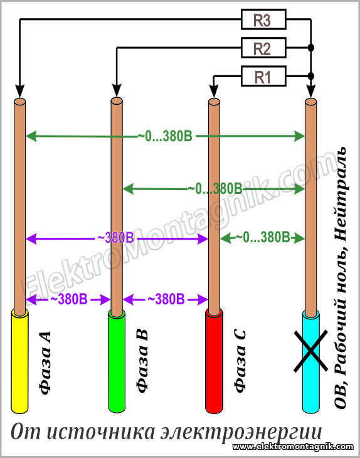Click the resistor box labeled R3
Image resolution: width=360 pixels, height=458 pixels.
pyautogui.click(x=263, y=19)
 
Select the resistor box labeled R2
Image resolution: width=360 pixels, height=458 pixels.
pyautogui.click(x=263, y=48)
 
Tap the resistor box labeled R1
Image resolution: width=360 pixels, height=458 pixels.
pyautogui.click(x=263, y=77)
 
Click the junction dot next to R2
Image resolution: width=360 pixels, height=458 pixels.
pyautogui.click(x=311, y=47)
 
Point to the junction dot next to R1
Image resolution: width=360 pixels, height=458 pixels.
pyautogui.click(x=311, y=76)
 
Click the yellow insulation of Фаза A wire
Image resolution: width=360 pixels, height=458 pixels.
pyautogui.click(x=19, y=362)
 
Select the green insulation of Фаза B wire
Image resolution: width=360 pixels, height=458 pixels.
pyautogui.click(x=117, y=362)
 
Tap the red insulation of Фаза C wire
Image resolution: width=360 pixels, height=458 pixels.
pyautogui.click(x=214, y=362)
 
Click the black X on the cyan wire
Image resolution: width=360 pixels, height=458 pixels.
pyautogui.click(x=310, y=351)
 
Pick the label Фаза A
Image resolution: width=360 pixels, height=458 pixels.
pyautogui.click(x=45, y=363)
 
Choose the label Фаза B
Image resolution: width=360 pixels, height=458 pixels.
pyautogui.click(x=142, y=361)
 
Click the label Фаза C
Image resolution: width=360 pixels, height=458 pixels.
pyautogui.click(x=240, y=361)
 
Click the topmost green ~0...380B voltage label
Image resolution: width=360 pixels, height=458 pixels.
pyautogui.click(x=165, y=136)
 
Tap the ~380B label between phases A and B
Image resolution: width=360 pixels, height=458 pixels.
pyautogui.click(x=69, y=299)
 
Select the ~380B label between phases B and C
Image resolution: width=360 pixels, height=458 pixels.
pyautogui.click(x=166, y=299)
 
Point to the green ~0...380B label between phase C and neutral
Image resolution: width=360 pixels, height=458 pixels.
pyautogui.click(x=263, y=238)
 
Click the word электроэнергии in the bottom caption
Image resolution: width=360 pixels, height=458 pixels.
pyautogui.click(x=241, y=432)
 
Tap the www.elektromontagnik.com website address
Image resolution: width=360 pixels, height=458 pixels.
pyautogui.click(x=293, y=447)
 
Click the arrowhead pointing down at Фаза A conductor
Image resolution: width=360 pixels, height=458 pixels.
pyautogui.click(x=19, y=91)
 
